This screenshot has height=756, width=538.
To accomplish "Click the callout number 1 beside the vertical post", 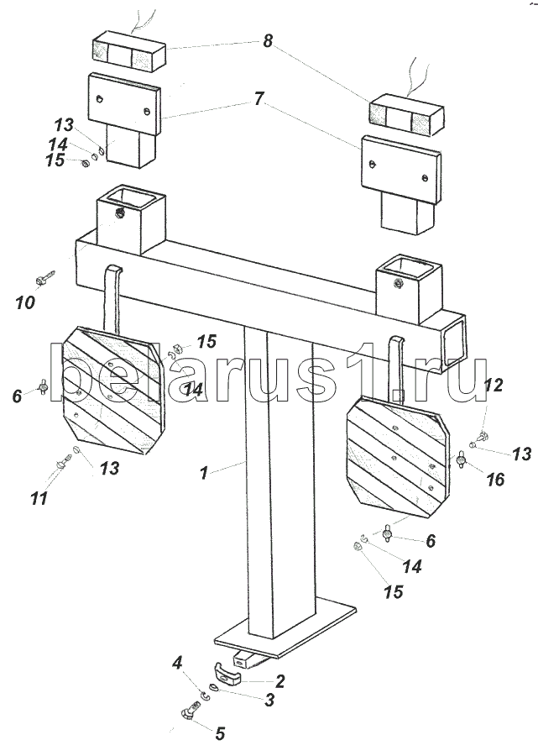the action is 204,473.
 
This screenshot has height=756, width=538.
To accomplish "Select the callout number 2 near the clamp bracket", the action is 279,681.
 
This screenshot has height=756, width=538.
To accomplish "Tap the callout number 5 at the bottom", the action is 220,734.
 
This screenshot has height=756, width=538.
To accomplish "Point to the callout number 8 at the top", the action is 267,41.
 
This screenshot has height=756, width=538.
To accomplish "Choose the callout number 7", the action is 259,99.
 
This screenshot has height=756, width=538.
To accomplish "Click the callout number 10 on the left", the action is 25,302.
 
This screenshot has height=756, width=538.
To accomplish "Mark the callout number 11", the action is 39,497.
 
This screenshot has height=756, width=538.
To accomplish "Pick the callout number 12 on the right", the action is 494,385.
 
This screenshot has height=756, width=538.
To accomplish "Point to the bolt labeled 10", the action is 45,278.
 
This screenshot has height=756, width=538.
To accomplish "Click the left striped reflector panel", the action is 113,389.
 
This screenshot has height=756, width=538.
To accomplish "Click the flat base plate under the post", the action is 286,627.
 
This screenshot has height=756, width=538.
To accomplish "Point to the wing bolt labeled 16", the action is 462,460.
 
